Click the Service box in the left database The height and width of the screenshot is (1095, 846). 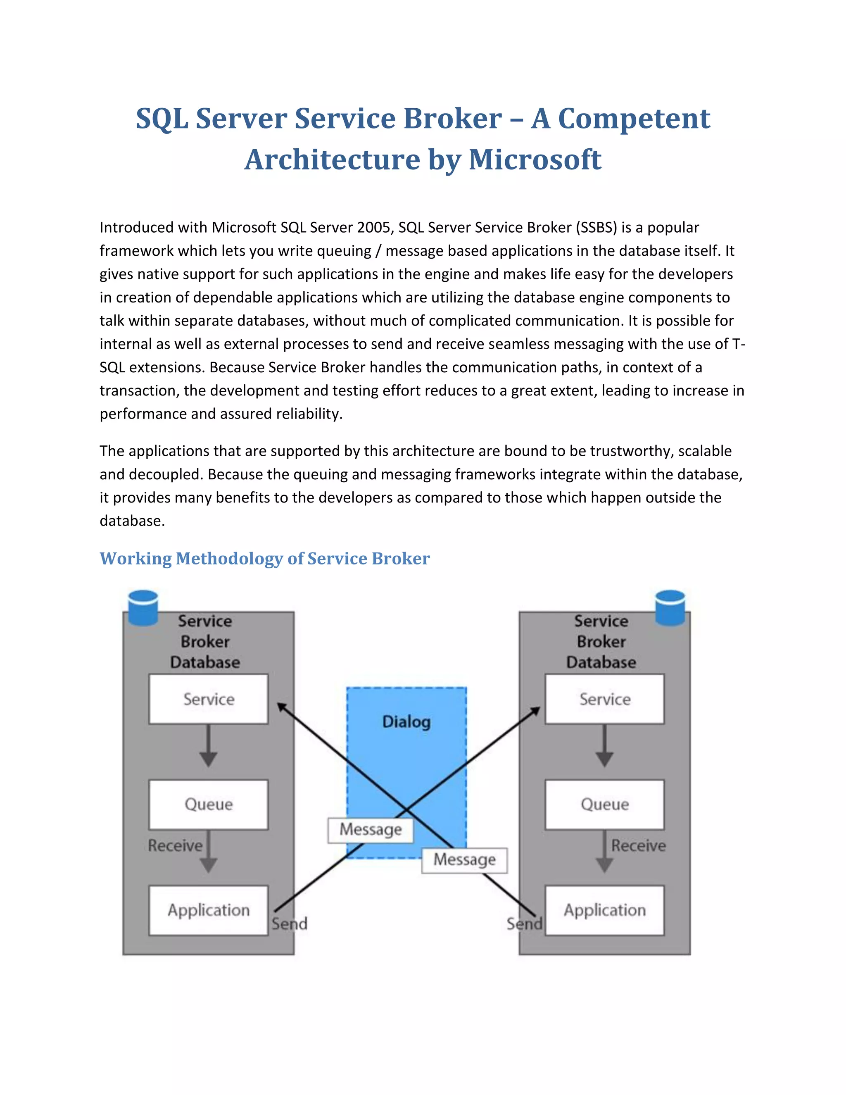pos(209,698)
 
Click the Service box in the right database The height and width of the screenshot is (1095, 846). pos(604,698)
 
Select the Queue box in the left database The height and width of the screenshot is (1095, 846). pos(209,804)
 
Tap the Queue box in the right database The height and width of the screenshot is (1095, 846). pos(604,804)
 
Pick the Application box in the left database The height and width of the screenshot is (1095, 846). pos(209,909)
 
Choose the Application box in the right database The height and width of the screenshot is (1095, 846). pos(604,909)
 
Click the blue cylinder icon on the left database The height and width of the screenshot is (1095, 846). pos(143,608)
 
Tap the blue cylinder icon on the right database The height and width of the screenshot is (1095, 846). pos(670,608)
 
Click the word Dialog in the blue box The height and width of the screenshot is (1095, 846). pos(406,721)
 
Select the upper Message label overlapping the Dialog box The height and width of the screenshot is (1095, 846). pos(371,829)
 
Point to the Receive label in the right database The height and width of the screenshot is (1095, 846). pos(638,845)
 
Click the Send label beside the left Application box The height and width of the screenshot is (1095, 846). pos(289,924)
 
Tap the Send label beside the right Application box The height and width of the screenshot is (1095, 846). pos(524,924)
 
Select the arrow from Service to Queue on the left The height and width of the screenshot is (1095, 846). pos(209,745)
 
